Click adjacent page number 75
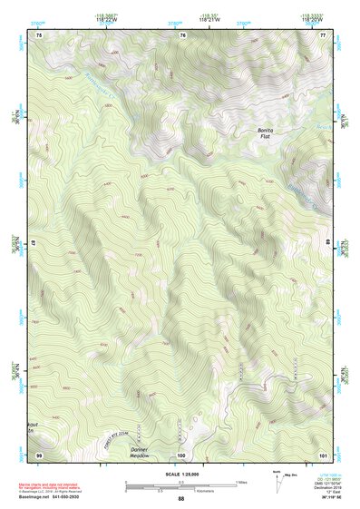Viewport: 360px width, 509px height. click(x=38, y=35)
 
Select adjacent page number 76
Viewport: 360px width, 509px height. click(x=181, y=35)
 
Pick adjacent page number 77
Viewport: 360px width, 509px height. click(x=323, y=35)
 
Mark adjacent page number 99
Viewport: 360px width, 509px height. click(x=38, y=453)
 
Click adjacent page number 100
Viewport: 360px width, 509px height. click(x=181, y=453)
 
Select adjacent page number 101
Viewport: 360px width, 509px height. click(x=323, y=453)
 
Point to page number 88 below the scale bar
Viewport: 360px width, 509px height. click(x=180, y=498)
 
